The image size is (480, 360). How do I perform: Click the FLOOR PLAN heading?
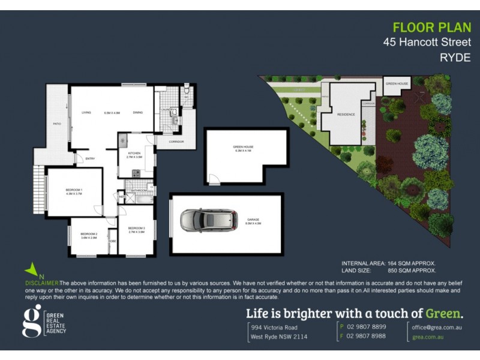tap(428, 28)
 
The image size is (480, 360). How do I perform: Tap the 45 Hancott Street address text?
tap(427, 43)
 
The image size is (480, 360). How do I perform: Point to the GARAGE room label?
tap(253, 220)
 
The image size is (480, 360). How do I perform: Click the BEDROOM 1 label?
tap(74, 190)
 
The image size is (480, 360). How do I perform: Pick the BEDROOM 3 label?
tap(136, 228)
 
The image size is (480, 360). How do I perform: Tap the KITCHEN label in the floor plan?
tap(134, 154)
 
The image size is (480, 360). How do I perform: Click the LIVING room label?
tap(86, 112)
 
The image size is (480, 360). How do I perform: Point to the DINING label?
tap(138, 112)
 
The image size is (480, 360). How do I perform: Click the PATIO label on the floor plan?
tap(57, 125)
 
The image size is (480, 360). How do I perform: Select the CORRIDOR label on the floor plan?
tap(176, 142)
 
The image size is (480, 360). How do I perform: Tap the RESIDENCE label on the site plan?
tap(346, 114)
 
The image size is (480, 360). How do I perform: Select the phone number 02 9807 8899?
tap(365, 327)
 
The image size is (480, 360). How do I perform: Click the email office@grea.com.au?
tap(437, 327)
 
